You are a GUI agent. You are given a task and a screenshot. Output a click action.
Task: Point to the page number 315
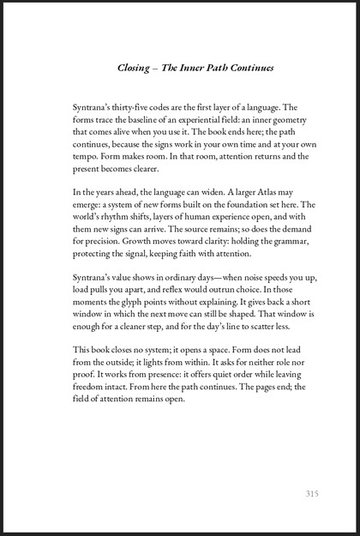[312, 493]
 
